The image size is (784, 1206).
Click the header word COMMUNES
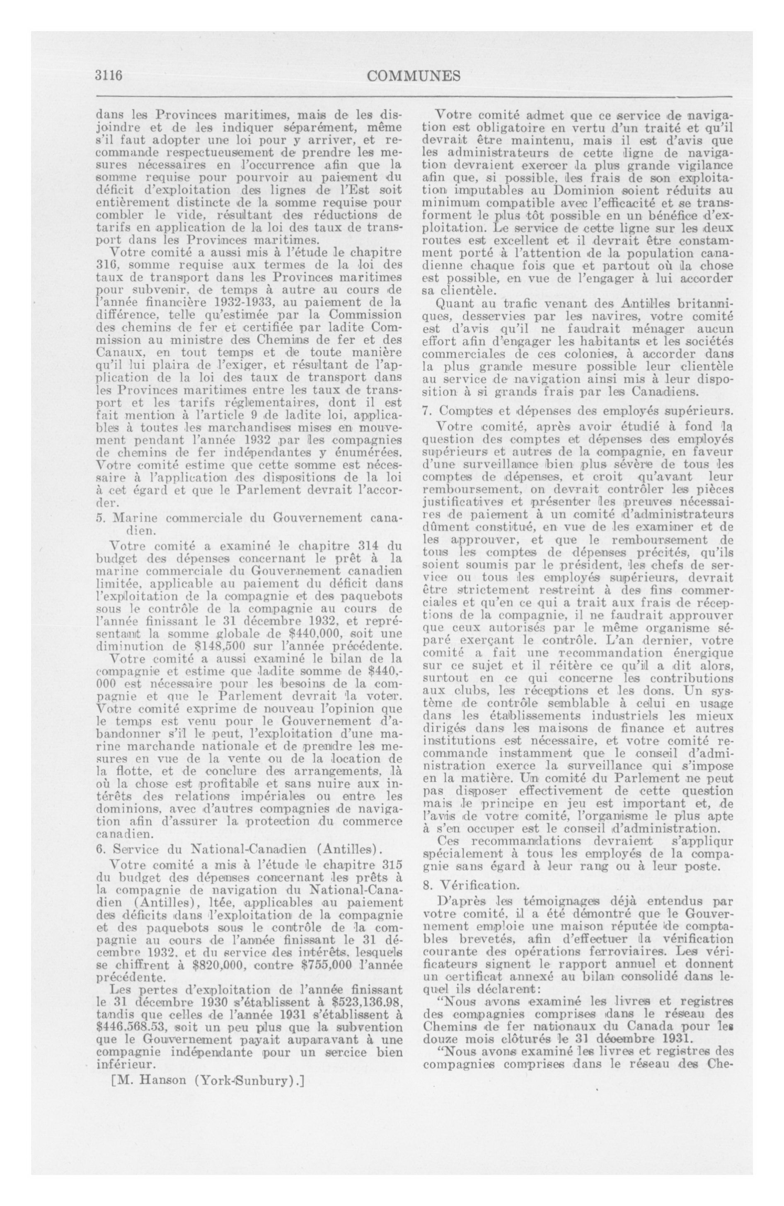coord(413,76)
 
